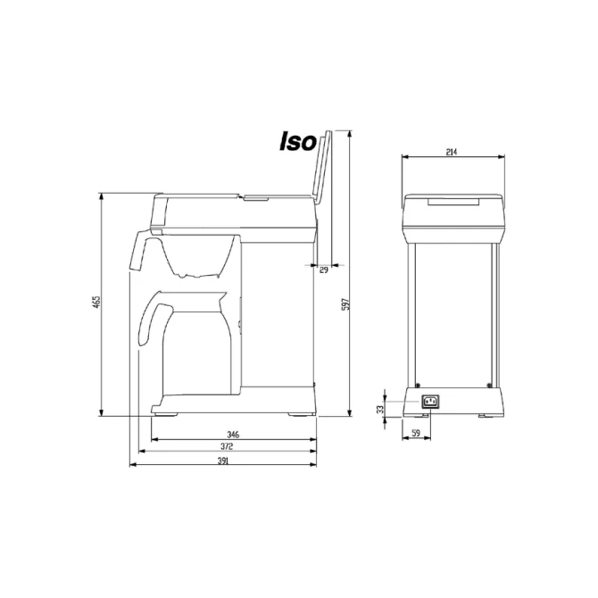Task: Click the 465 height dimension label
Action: (97, 302)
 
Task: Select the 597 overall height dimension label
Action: (345, 304)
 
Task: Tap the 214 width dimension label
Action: (452, 152)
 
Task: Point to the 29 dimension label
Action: (323, 270)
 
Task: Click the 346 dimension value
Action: (233, 435)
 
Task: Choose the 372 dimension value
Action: (227, 446)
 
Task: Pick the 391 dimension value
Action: (223, 461)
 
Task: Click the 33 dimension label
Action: (379, 409)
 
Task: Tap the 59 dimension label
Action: (416, 433)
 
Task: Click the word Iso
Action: (298, 142)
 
